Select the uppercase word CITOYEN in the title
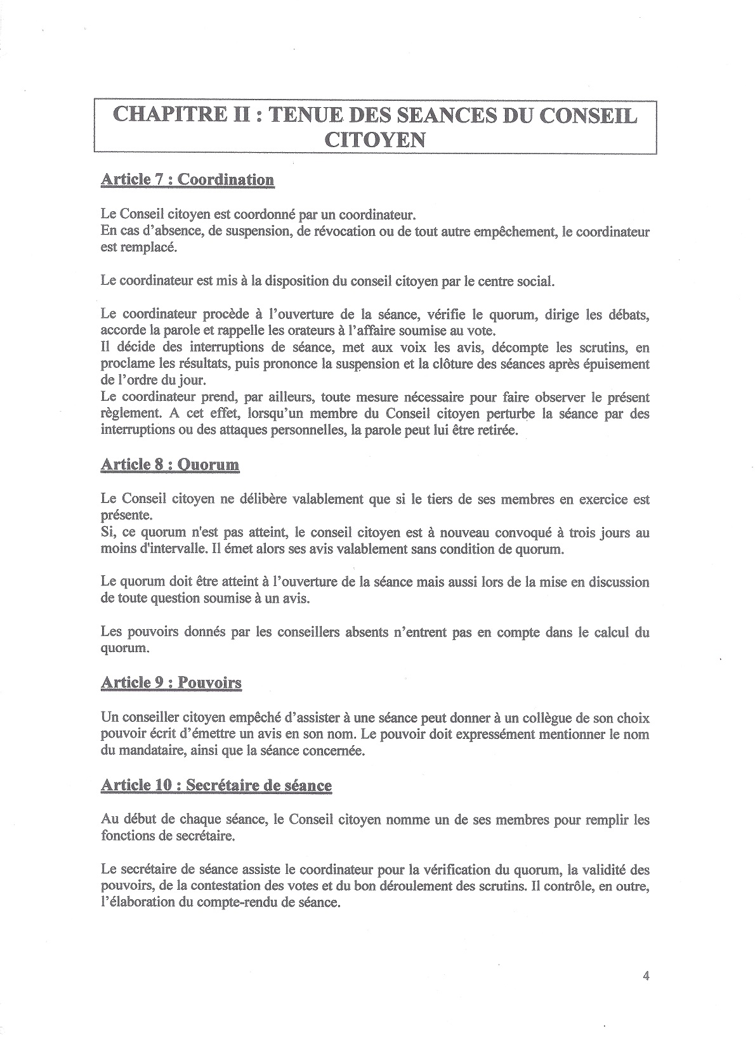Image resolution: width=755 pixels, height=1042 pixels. [374, 139]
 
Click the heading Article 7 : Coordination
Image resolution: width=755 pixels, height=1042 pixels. [187, 179]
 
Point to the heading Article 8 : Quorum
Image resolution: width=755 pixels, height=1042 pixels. [170, 464]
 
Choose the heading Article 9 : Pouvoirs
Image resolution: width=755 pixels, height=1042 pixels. [171, 682]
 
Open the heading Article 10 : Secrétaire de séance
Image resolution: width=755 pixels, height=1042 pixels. [216, 785]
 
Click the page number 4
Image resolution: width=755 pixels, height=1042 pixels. [646, 976]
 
